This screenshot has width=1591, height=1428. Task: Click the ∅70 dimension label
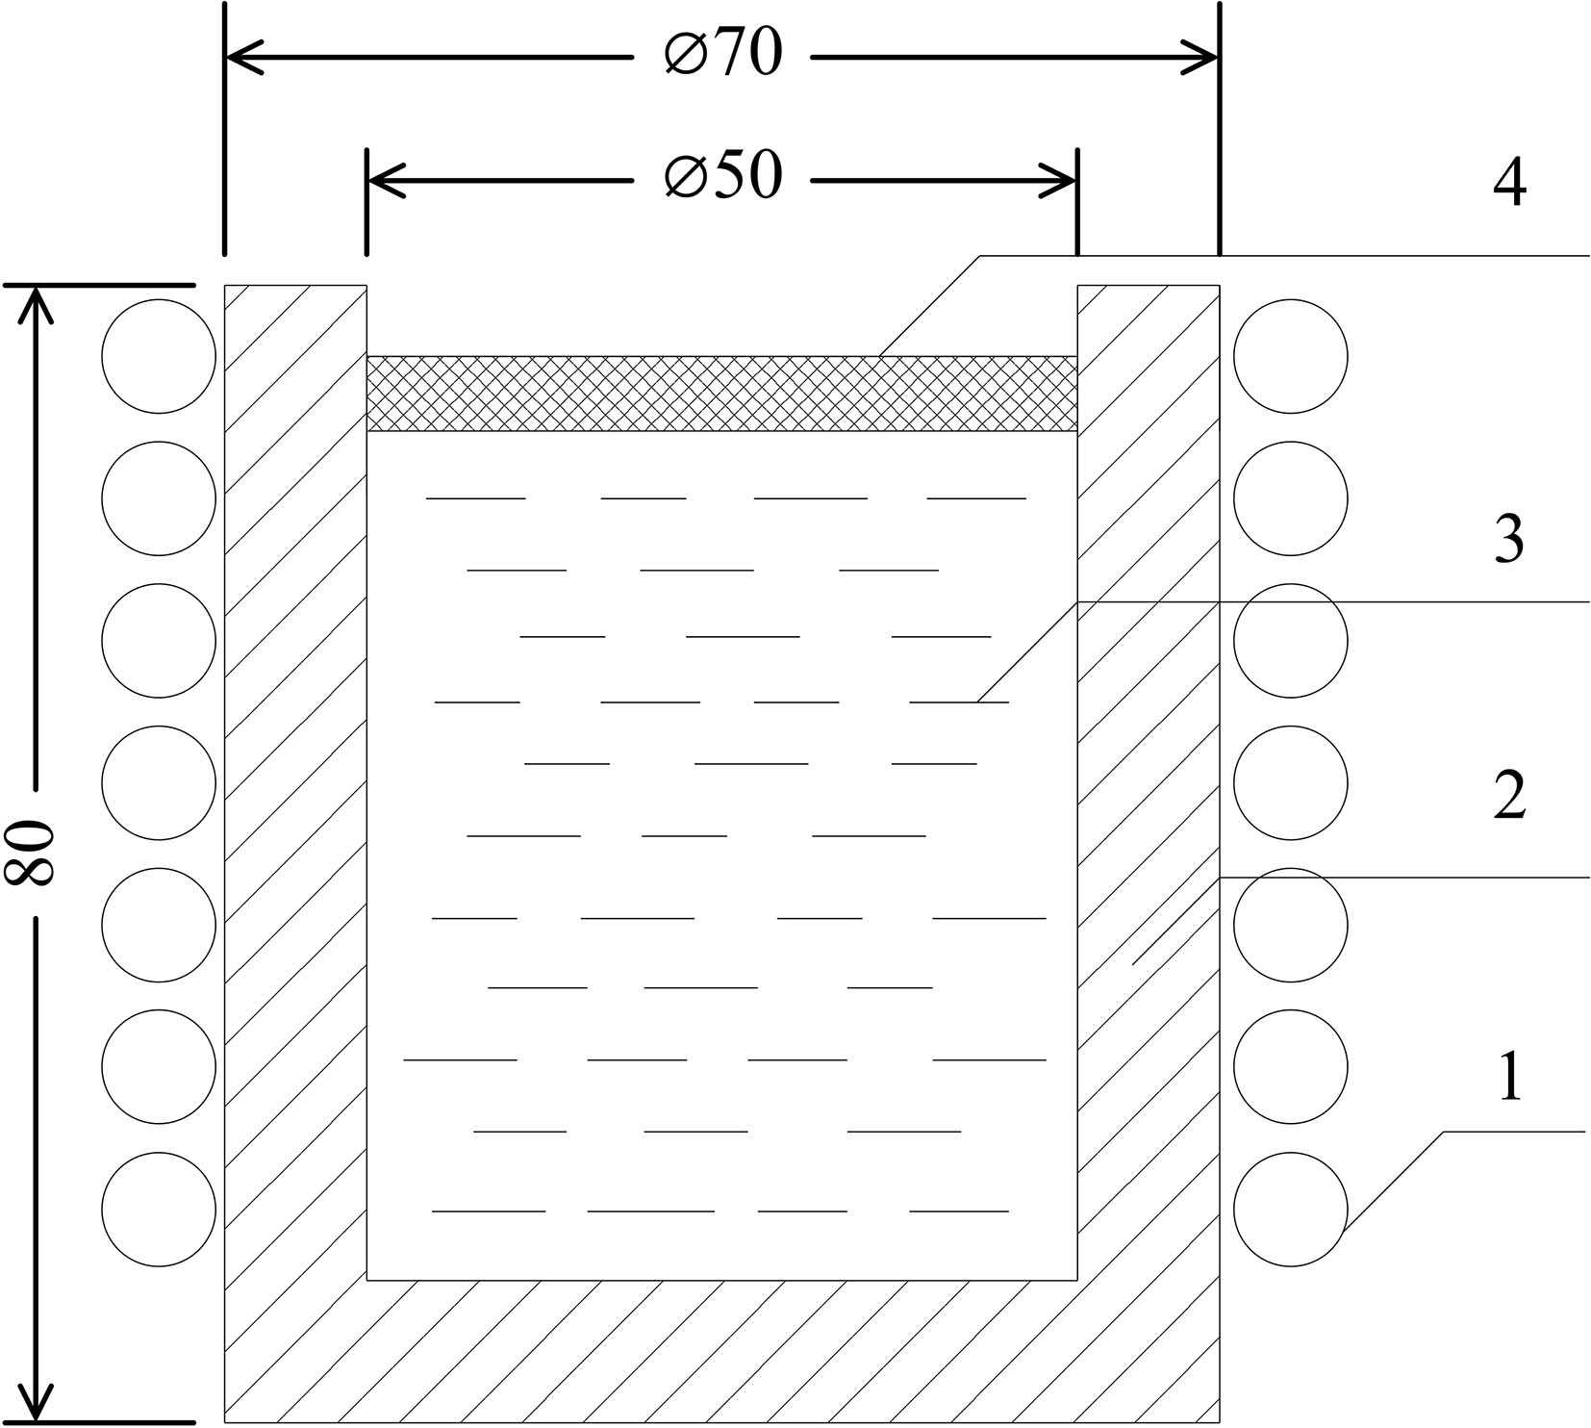pos(723,54)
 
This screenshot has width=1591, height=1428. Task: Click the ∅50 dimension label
pos(723,177)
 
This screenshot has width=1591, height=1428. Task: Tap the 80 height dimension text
pos(29,853)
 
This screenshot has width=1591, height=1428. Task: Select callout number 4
pos(1509,183)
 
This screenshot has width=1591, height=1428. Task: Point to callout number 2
pos(1509,795)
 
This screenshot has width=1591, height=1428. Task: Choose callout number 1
pos(1509,1077)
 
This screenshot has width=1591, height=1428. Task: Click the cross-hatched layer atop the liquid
pos(721,394)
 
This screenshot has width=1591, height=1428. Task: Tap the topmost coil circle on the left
pos(159,356)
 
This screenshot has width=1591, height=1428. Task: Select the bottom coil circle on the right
pos(1291,1210)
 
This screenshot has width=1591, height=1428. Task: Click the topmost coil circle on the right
pos(1291,356)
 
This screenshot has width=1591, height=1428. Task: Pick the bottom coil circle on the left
pos(159,1210)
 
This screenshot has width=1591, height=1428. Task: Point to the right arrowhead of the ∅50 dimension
pos(1064,180)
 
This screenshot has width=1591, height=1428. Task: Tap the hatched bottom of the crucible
pos(721,1352)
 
